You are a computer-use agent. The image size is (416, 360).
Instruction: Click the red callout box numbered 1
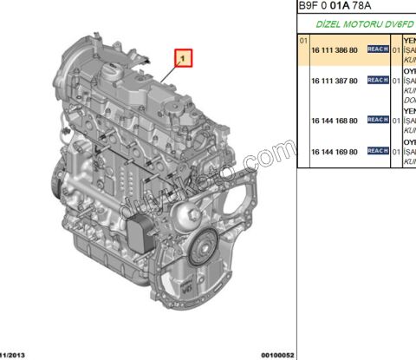[x=184, y=59]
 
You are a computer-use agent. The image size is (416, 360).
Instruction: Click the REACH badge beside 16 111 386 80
[x=378, y=50]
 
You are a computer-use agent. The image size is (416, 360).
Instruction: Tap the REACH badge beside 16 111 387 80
[x=378, y=80]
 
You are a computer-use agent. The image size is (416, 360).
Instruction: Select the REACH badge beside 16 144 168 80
[x=378, y=120]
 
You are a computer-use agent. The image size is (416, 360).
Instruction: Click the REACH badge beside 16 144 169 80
[x=378, y=151]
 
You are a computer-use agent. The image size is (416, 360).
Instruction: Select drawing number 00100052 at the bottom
[x=278, y=355]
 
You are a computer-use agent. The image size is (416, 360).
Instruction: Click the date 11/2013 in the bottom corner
[x=16, y=355]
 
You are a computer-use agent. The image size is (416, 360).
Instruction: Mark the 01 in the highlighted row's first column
[x=303, y=40]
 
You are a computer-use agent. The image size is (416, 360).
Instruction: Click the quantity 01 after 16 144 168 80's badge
[x=396, y=120]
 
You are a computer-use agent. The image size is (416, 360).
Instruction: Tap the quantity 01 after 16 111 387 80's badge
[x=396, y=80]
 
